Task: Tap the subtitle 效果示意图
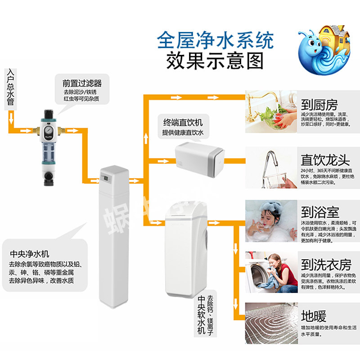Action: pos(215,60)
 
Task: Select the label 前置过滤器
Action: pos(82,83)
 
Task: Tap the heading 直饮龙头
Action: pos(325,160)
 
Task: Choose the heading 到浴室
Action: pos(320,212)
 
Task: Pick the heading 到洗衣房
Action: pos(326,264)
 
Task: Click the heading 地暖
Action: pos(314,316)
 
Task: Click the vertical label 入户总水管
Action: pos(10,88)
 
